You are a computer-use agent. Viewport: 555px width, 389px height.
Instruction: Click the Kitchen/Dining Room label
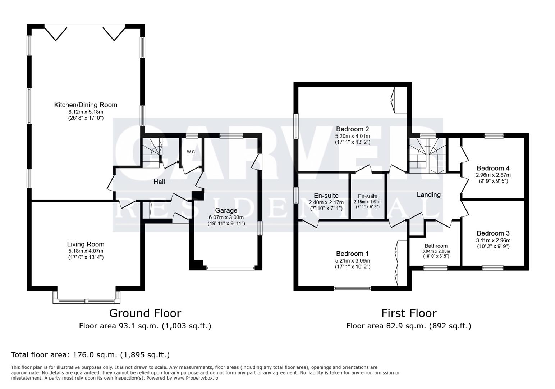tap(86, 105)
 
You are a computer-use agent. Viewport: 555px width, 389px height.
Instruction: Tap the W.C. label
tap(191, 152)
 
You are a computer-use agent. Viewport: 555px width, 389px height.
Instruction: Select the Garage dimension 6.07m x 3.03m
tap(226, 217)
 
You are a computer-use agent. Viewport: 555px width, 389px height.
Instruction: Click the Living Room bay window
tap(86, 301)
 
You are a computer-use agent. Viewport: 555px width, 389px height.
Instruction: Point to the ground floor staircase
tap(152, 153)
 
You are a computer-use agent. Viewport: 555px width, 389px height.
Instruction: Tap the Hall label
tap(159, 182)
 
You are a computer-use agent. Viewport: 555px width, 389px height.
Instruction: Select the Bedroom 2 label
tap(352, 129)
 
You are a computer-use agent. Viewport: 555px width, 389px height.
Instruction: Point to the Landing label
tap(428, 195)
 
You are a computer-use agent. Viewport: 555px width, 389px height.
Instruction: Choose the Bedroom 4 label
tap(493, 168)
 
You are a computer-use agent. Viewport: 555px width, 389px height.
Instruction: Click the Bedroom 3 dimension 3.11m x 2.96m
tap(493, 240)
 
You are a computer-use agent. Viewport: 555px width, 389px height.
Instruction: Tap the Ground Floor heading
tap(145, 313)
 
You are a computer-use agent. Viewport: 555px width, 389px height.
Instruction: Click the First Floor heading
tap(409, 313)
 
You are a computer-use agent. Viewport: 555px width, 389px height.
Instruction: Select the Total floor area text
tap(90, 355)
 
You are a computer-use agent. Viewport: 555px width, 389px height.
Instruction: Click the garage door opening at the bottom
tap(230, 268)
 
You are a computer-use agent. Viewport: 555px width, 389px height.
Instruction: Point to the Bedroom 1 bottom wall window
tap(352, 288)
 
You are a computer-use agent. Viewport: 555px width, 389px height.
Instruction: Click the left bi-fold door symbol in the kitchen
tap(56, 32)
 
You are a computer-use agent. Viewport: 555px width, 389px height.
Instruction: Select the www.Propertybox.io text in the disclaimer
tap(196, 378)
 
